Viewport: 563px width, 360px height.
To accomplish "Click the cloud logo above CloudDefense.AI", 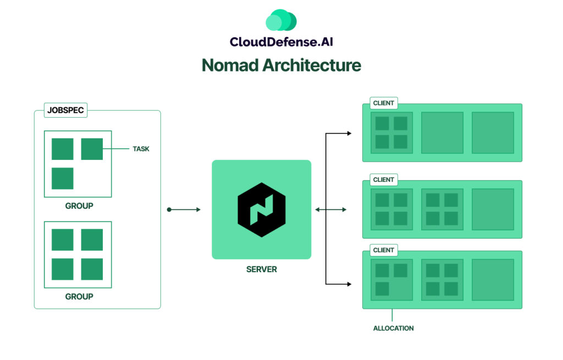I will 281,21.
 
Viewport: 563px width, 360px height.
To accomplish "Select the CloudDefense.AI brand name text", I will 281,41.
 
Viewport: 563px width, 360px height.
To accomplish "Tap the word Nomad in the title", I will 230,65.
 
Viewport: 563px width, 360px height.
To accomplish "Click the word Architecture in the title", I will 311,65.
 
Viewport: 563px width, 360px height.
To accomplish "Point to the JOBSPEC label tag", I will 65,110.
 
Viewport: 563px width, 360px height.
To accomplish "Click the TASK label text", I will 141,149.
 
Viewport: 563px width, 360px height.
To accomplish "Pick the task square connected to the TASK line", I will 92,149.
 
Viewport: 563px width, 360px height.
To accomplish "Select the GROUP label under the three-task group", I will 79,206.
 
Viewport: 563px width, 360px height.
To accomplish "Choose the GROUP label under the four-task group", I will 79,296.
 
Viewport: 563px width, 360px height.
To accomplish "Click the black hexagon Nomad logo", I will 262,209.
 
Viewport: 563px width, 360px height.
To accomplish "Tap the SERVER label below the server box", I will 262,269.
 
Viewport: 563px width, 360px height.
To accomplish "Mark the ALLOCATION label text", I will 393,328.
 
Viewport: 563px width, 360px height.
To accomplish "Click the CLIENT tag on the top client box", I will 384,103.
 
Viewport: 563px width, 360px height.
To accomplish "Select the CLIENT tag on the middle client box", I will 384,180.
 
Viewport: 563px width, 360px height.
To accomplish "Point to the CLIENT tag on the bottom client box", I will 384,250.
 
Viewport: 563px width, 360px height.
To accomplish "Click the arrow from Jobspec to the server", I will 184,209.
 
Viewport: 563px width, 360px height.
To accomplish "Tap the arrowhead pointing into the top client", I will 349,133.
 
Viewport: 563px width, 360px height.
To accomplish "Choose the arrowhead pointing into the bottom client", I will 349,284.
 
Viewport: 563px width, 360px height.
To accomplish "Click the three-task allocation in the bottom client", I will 391,280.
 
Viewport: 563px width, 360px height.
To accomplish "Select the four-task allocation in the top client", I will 391,132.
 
